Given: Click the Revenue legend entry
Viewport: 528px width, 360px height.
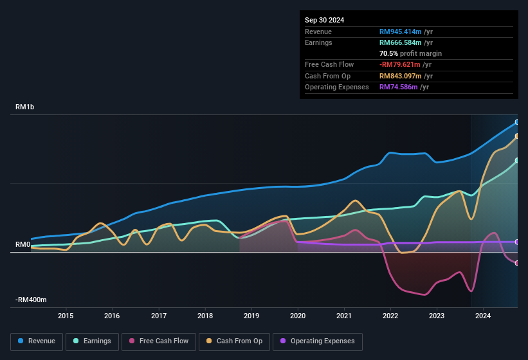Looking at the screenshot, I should pyautogui.click(x=37, y=341).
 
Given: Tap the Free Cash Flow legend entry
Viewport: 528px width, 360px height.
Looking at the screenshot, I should pyautogui.click(x=159, y=341).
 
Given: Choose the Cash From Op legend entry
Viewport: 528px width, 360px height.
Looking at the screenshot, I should pyautogui.click(x=233, y=341).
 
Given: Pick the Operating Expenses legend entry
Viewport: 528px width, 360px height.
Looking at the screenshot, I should pyautogui.click(x=317, y=341).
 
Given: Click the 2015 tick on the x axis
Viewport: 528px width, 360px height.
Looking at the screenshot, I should pyautogui.click(x=66, y=316).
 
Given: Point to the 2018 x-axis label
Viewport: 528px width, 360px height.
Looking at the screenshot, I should pyautogui.click(x=205, y=316).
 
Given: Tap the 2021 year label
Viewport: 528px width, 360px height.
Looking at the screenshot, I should pyautogui.click(x=344, y=316).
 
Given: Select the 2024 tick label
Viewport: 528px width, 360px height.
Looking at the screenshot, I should pyautogui.click(x=483, y=316).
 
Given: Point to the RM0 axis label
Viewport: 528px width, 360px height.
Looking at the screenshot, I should pyautogui.click(x=23, y=245).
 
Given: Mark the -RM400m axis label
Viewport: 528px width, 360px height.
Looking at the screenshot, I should pyautogui.click(x=32, y=300).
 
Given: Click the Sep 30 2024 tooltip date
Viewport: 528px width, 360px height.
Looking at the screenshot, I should pyautogui.click(x=324, y=20).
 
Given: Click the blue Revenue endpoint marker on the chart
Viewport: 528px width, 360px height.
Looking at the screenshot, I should pyautogui.click(x=517, y=122).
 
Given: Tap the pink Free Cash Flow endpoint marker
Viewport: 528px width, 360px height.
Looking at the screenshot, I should pyautogui.click(x=517, y=263).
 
